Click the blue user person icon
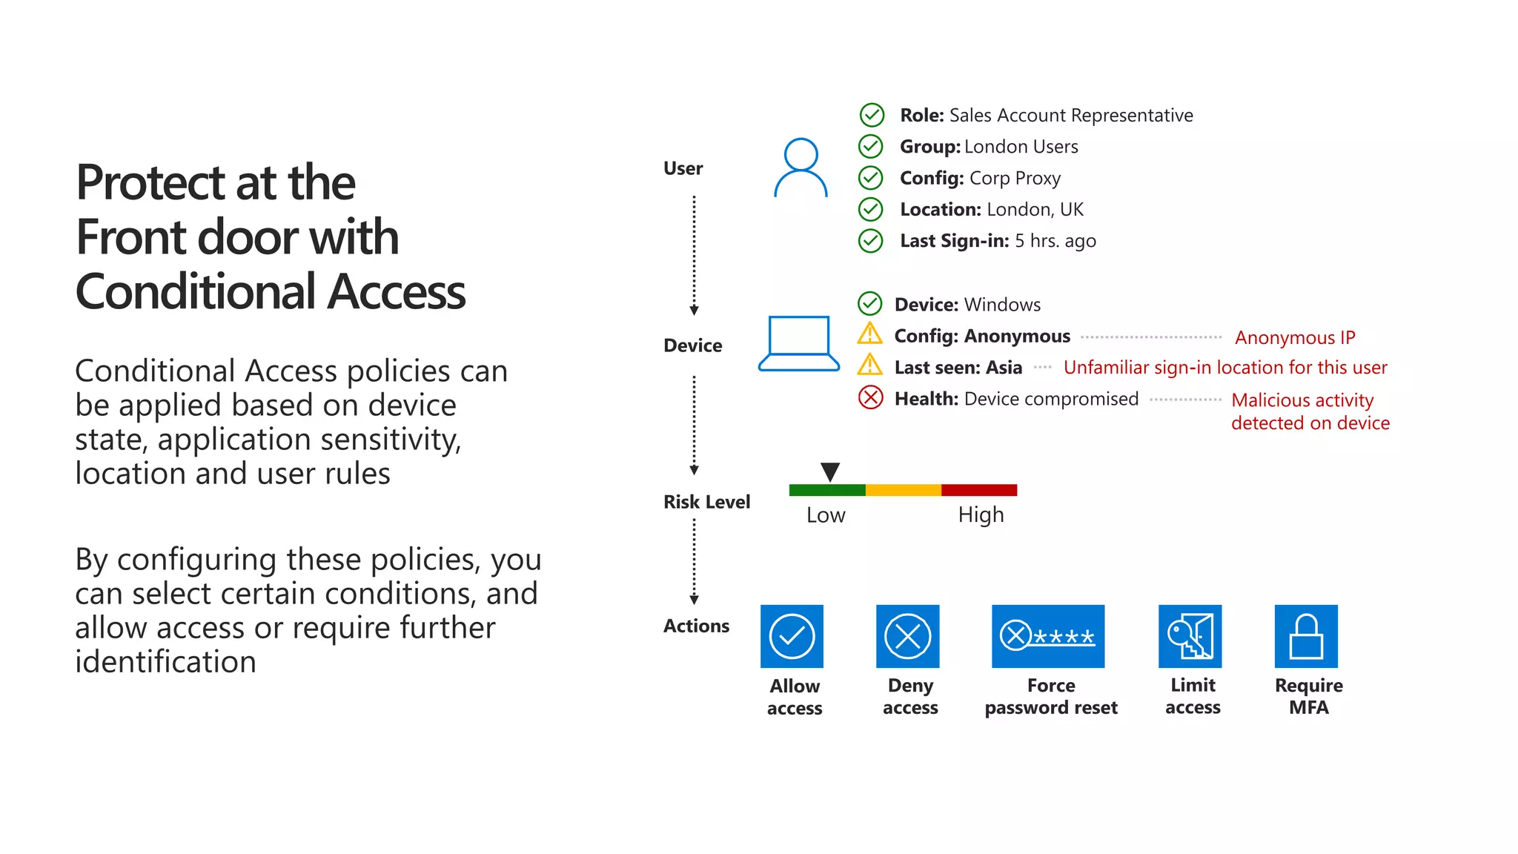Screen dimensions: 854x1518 pyautogui.click(x=801, y=168)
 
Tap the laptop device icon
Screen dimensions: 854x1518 pyautogui.click(x=799, y=343)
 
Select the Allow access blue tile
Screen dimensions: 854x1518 pyautogui.click(x=792, y=636)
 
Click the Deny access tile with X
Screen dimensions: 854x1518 pyautogui.click(x=907, y=636)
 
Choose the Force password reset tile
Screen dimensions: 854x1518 pyautogui.click(x=1048, y=636)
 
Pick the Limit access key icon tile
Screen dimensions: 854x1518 pyautogui.click(x=1190, y=636)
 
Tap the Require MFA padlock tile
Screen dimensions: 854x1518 pyautogui.click(x=1306, y=636)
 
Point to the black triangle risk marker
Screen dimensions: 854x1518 pyautogui.click(x=830, y=471)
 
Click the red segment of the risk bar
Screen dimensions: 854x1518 pyautogui.click(x=979, y=490)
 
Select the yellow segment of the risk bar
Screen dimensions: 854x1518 pyautogui.click(x=903, y=490)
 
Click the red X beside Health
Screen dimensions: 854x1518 pyautogui.click(x=870, y=398)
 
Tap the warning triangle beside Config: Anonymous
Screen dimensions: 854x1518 pyautogui.click(x=869, y=334)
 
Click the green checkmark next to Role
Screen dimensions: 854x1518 pyautogui.click(x=872, y=115)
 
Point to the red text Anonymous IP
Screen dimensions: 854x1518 pyautogui.click(x=1295, y=338)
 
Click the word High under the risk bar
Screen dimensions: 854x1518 pyautogui.click(x=981, y=514)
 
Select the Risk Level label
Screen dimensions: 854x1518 pyautogui.click(x=706, y=502)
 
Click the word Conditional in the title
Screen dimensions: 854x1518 pyautogui.click(x=196, y=292)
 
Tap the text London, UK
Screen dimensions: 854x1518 pyautogui.click(x=1035, y=210)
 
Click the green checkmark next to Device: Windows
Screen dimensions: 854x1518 pyautogui.click(x=869, y=304)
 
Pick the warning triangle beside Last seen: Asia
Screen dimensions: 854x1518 pyautogui.click(x=869, y=365)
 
